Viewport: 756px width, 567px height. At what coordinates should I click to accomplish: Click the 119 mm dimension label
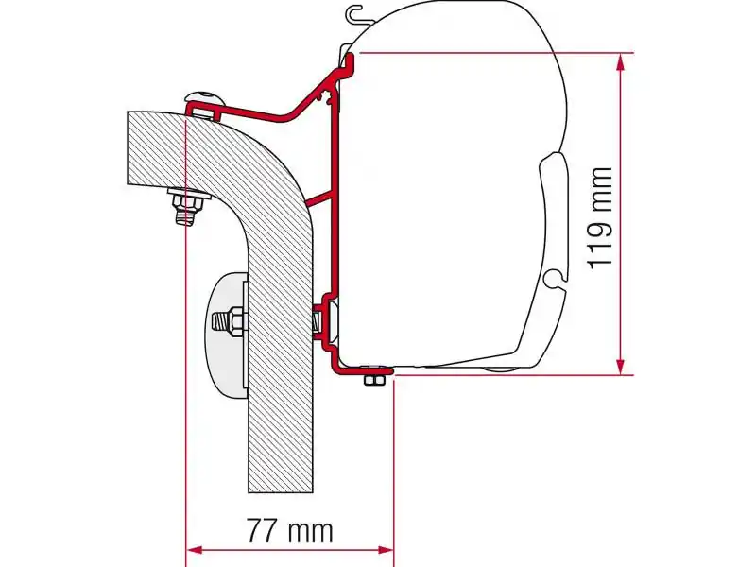[600, 217]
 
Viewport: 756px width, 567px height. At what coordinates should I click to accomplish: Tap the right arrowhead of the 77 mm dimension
[388, 548]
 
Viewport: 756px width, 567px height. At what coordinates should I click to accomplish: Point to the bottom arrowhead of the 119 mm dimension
[620, 368]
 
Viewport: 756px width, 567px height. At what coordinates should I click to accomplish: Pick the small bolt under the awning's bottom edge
[374, 379]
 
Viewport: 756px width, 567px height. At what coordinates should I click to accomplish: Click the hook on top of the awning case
[356, 14]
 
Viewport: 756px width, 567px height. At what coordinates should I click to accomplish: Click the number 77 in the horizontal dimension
[266, 531]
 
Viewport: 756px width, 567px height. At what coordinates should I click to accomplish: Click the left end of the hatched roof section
[132, 147]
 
